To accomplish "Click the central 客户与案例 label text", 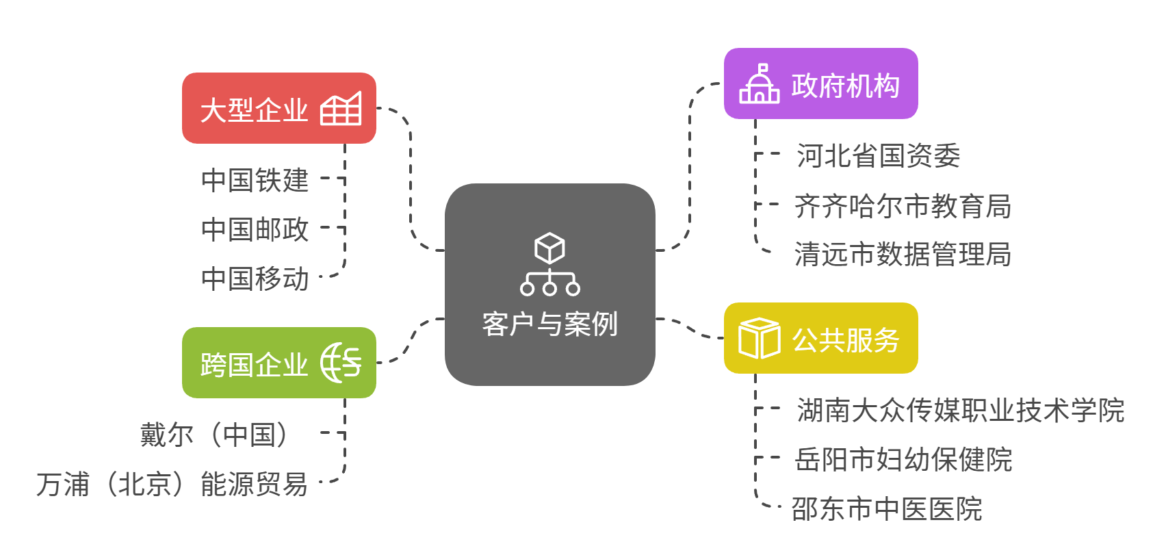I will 549,324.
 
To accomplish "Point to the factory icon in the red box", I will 341,109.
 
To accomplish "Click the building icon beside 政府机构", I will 759,85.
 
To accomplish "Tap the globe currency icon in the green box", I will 341,363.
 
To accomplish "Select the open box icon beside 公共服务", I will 759,338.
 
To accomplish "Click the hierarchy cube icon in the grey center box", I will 549,264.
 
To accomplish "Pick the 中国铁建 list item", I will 255,180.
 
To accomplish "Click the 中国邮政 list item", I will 255,229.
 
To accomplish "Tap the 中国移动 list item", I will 255,279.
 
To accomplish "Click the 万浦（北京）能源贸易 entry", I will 172,484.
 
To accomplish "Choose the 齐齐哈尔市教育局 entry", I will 903,206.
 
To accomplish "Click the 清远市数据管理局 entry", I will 903,255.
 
